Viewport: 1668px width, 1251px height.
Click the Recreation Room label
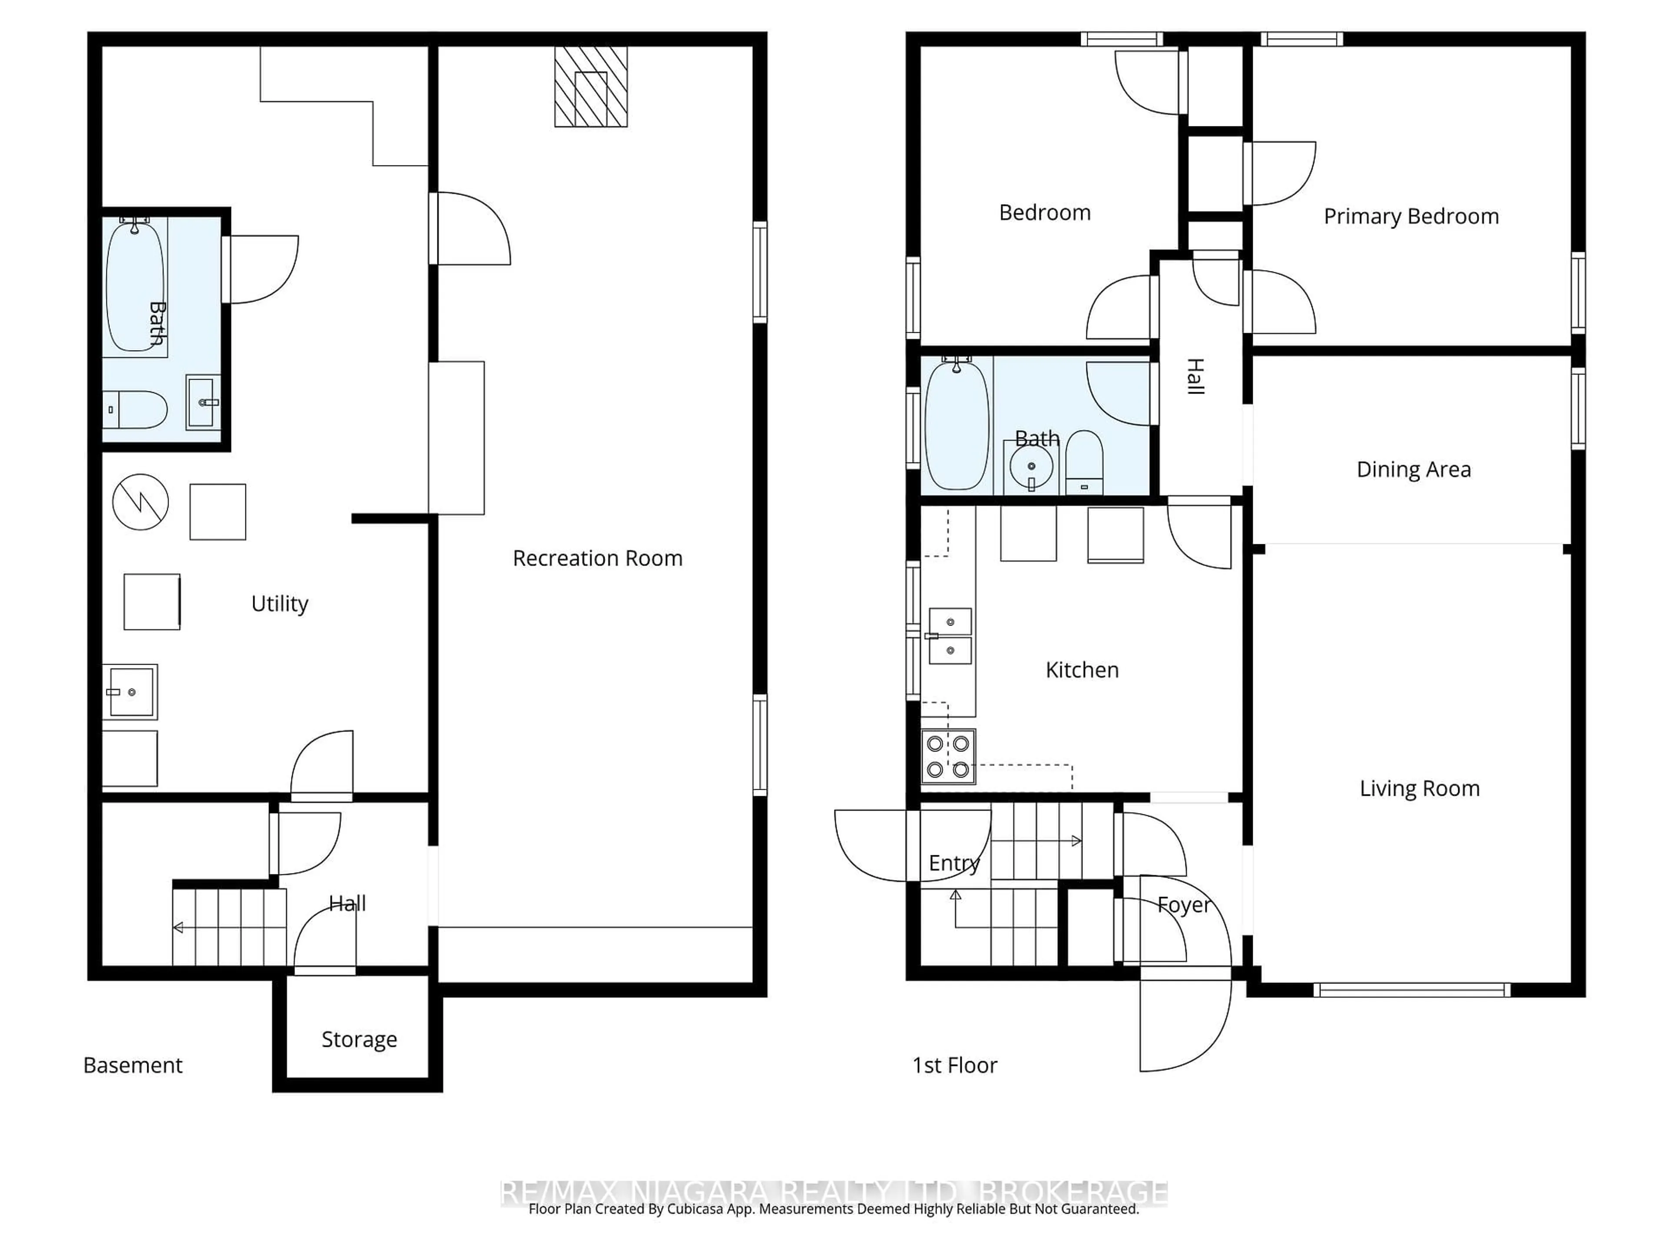[597, 558]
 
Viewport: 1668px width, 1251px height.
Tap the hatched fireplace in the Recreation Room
[590, 87]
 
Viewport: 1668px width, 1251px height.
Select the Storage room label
[359, 1039]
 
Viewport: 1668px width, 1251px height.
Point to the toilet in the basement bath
[136, 410]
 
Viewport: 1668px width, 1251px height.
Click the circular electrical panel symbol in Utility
[140, 501]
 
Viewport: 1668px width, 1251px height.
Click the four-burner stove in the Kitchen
[948, 756]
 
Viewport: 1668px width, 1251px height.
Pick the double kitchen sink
[950, 636]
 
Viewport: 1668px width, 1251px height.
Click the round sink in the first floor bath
[1031, 467]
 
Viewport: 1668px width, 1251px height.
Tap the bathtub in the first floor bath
[956, 426]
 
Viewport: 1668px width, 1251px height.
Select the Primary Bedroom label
[1411, 216]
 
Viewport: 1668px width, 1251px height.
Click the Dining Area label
[1413, 469]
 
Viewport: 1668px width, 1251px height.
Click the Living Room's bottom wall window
[1412, 990]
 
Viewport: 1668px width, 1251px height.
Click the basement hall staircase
[229, 927]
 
